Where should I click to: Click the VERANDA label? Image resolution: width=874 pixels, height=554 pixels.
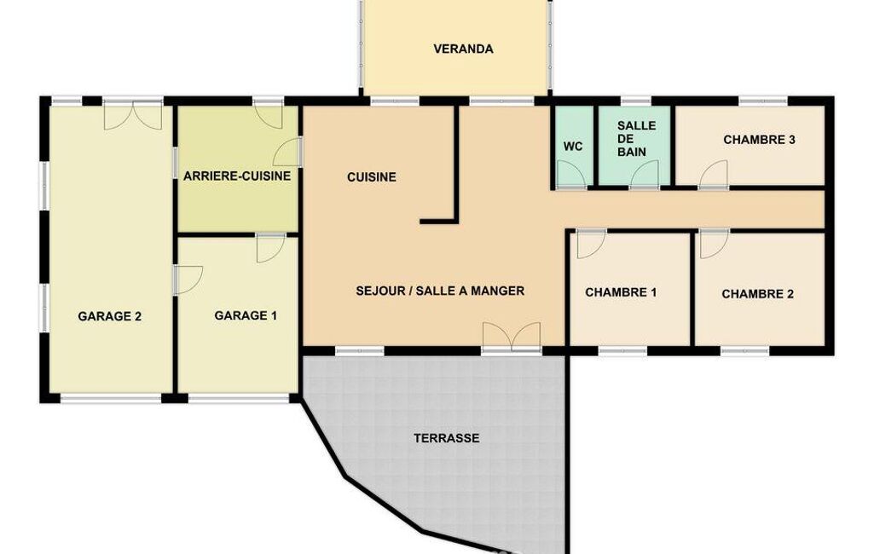463,49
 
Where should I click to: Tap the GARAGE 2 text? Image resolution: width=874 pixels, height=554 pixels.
110,316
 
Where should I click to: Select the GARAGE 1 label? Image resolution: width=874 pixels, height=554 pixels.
246,315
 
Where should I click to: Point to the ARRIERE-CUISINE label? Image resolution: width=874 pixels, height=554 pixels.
237,176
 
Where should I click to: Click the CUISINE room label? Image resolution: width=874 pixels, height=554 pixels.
371,177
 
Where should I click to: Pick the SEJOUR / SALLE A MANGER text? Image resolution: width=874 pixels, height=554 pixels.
440,291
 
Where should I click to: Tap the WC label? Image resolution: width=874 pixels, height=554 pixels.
573,147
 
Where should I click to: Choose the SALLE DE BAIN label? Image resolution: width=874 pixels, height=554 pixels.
636,138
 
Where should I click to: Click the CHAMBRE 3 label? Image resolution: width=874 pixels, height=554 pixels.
759,139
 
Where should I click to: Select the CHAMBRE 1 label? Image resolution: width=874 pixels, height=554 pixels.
621,292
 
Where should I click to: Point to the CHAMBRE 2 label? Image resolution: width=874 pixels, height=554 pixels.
757,294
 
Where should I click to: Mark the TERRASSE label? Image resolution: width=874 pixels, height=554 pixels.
447,438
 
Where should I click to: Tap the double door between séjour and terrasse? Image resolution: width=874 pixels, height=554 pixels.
512,336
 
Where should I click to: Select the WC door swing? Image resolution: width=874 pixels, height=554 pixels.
571,175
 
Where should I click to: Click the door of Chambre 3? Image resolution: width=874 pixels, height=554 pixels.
714,174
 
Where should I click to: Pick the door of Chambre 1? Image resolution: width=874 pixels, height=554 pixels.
592,244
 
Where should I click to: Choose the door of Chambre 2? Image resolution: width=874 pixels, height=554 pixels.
715,244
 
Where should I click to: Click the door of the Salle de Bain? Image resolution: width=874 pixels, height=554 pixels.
645,174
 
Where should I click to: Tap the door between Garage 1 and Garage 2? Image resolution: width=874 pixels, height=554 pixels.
188,280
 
